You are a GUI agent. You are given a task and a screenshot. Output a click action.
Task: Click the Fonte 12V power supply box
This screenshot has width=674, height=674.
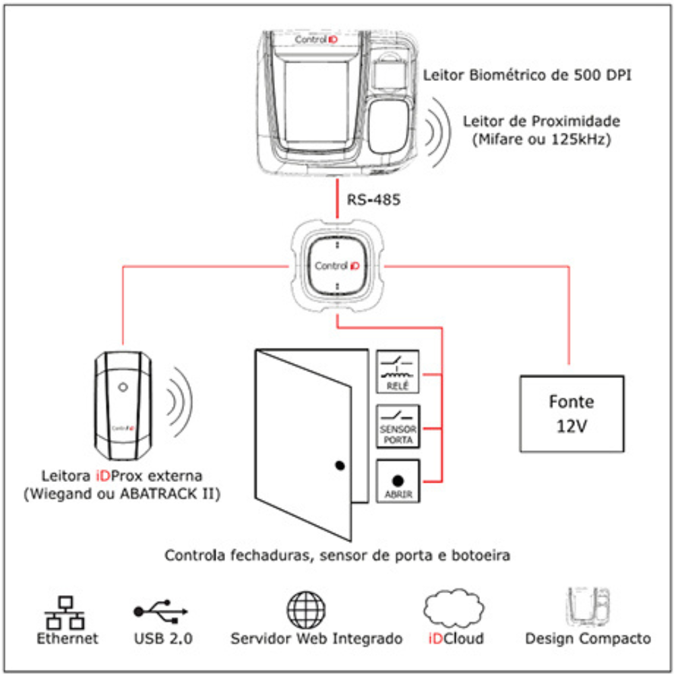[x=570, y=412]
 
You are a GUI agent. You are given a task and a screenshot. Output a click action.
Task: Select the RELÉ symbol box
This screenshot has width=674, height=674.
[x=398, y=371]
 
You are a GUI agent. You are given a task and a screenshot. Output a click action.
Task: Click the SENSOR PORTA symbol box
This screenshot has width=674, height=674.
[x=398, y=426]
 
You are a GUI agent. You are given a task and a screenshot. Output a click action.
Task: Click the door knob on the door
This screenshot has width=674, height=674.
[x=338, y=465]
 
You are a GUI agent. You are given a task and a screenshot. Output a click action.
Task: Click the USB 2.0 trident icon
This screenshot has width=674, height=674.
[x=160, y=611]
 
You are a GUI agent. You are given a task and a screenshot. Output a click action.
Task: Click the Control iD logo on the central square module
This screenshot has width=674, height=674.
[x=337, y=266]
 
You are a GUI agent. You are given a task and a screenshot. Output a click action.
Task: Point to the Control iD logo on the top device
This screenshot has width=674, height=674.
[x=317, y=40]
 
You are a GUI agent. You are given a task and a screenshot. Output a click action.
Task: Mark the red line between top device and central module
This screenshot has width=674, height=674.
[x=337, y=199]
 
